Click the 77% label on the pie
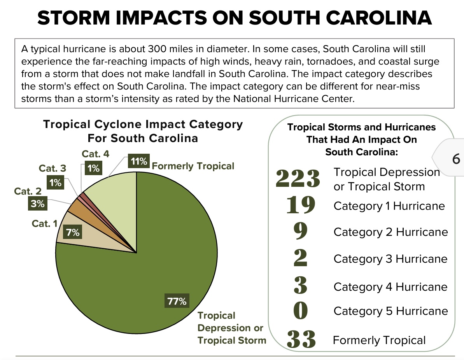[x=177, y=301]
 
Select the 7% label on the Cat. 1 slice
[x=73, y=233]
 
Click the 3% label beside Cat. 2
[x=38, y=204]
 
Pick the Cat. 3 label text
[x=52, y=169]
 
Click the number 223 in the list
[x=298, y=179]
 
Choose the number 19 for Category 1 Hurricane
[x=300, y=205]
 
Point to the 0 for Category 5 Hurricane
[x=301, y=311]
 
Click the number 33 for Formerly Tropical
[x=301, y=340]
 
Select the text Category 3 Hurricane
[x=390, y=259]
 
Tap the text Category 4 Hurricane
[x=390, y=287]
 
